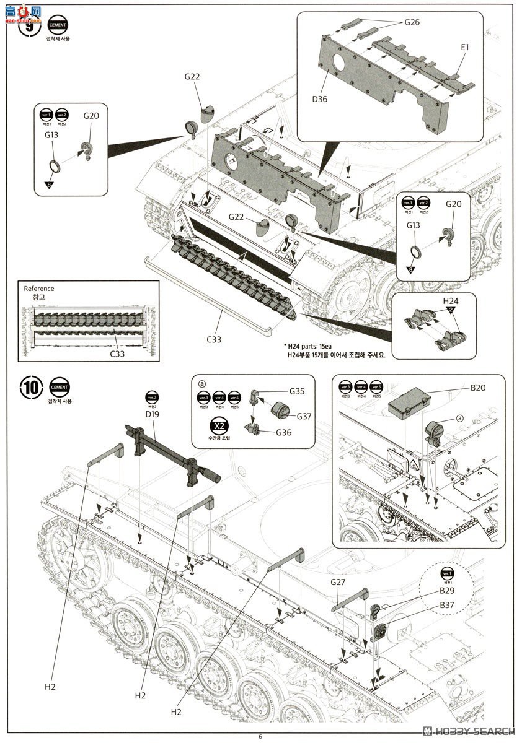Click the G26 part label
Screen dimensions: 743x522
412,22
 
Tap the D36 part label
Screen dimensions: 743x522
319,98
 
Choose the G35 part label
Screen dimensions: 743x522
297,391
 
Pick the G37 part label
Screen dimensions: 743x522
304,416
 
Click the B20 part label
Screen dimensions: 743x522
477,388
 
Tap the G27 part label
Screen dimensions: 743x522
338,582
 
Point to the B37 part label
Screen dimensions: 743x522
448,604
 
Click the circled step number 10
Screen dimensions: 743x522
30,388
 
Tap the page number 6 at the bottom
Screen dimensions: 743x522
260,736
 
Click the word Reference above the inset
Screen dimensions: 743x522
38,289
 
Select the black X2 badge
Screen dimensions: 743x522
218,426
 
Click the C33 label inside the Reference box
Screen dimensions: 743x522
117,354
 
